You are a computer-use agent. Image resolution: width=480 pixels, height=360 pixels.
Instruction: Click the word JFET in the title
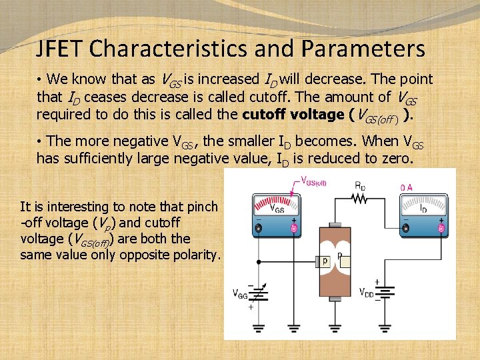[60, 49]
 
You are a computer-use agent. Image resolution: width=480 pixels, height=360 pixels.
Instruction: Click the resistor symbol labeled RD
[359, 197]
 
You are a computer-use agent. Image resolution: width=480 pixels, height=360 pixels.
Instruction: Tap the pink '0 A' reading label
[407, 187]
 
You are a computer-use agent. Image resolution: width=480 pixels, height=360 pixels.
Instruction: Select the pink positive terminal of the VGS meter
[294, 228]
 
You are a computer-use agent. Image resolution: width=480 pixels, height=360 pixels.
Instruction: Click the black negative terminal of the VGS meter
[259, 228]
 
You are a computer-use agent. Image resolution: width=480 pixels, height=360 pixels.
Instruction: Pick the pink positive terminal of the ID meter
[441, 228]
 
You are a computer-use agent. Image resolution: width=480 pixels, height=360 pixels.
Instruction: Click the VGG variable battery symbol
[259, 294]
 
